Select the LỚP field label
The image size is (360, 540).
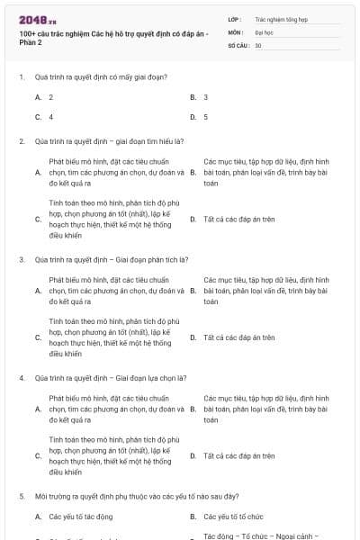point(235,18)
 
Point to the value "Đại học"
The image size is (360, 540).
point(264,31)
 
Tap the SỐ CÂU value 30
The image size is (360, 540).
point(258,44)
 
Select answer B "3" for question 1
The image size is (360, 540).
point(206,96)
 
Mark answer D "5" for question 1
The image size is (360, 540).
point(206,117)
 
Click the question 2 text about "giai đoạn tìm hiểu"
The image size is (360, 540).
point(108,141)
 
